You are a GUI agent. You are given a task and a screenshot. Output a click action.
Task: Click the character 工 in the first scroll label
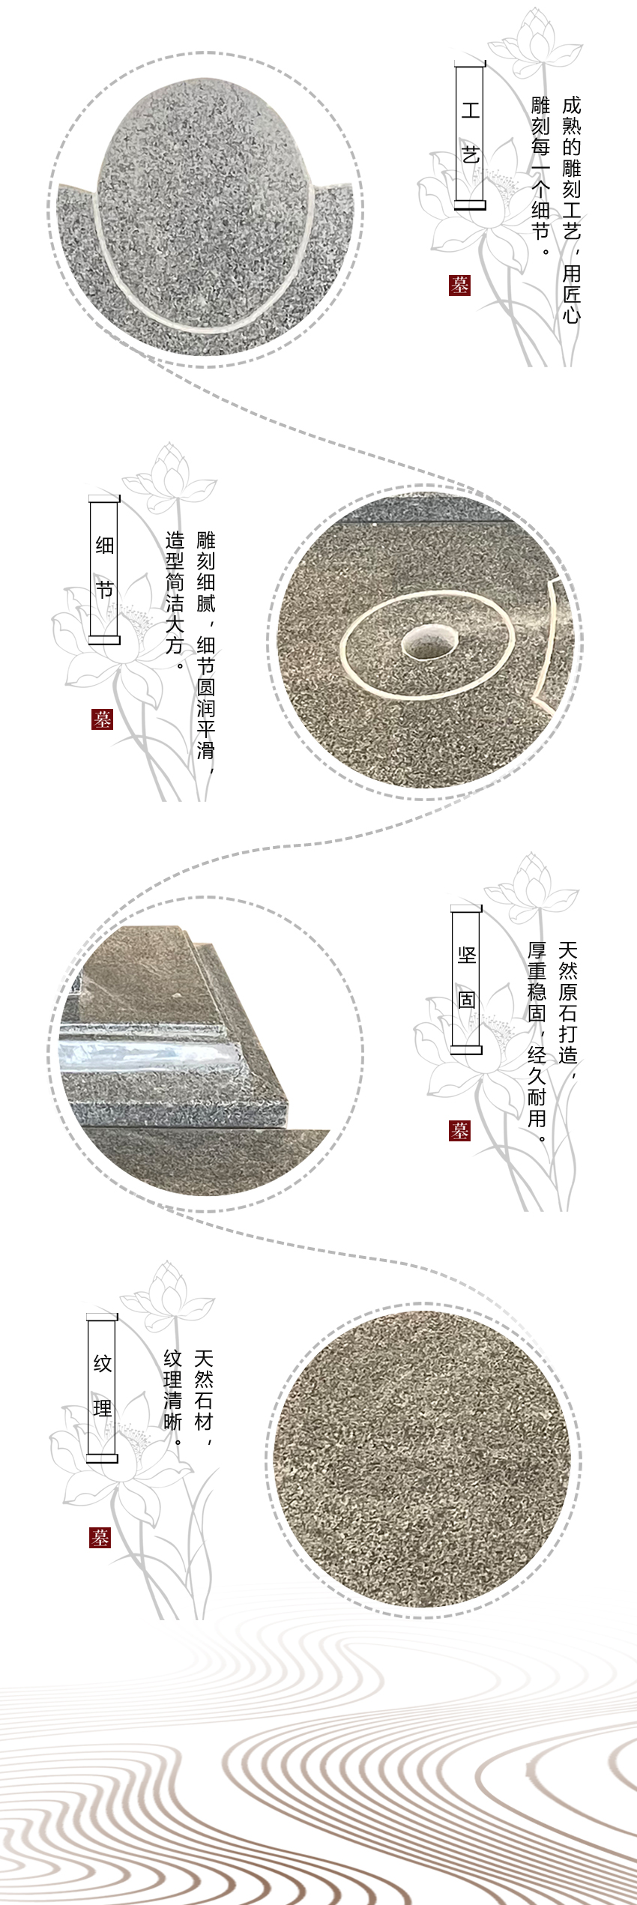point(470,111)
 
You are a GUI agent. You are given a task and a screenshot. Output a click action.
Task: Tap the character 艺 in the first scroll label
point(470,156)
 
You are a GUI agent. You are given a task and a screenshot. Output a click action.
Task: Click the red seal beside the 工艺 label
point(460,285)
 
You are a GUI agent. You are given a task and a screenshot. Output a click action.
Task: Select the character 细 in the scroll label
point(104,545)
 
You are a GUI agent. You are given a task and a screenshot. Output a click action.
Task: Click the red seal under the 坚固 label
point(460,1131)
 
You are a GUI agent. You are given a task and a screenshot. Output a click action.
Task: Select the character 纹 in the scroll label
point(103,1363)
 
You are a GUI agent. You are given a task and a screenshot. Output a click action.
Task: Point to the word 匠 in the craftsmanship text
point(571,292)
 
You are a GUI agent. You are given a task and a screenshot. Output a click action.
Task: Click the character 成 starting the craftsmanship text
point(571,106)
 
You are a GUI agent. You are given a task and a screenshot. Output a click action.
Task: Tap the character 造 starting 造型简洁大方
point(175,540)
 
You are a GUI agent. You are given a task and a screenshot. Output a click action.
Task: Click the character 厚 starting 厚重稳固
point(537,951)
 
